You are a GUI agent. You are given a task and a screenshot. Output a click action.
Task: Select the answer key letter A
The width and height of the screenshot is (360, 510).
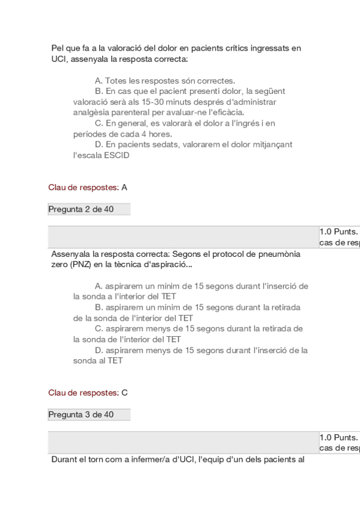[x=124, y=188]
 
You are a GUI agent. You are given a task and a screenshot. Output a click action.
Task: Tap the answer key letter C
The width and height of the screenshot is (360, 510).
[x=124, y=393]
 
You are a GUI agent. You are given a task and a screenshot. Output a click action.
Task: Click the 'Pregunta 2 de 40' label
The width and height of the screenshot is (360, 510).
[x=81, y=209]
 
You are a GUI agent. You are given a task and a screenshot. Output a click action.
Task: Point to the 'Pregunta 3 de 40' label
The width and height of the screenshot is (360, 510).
[x=81, y=415]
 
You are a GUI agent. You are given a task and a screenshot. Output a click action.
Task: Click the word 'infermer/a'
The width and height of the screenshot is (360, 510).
[x=144, y=461]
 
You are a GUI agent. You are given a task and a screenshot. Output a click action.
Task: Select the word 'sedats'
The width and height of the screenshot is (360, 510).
[x=157, y=144]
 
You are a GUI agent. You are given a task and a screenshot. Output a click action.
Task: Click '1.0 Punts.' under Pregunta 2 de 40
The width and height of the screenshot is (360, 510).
[x=338, y=232]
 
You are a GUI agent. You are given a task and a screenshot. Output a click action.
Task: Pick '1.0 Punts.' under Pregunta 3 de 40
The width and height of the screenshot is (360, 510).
[x=338, y=438]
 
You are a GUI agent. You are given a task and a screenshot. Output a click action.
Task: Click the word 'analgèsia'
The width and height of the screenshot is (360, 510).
[x=90, y=112]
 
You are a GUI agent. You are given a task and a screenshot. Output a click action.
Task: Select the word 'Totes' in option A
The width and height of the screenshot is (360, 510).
[x=115, y=81]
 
